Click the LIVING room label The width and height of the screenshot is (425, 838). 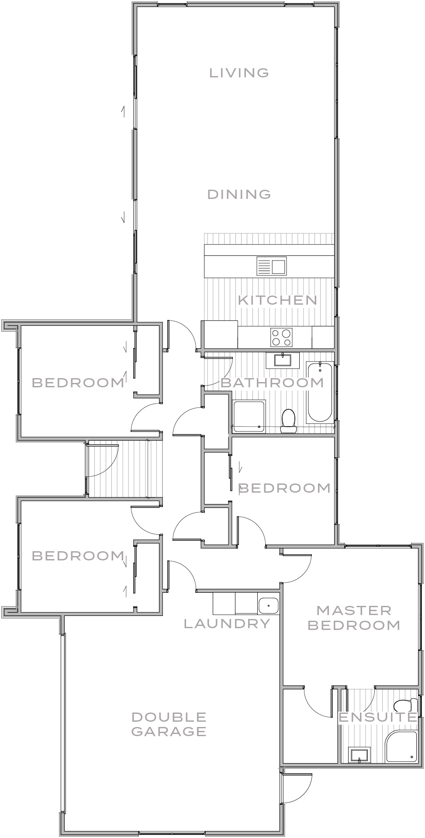click(x=239, y=73)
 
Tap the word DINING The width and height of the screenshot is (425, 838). click(x=239, y=194)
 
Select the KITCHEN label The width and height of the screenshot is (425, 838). click(x=277, y=300)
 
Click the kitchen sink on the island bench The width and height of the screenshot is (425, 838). click(x=272, y=266)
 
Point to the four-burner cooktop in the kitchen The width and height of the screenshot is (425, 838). click(x=282, y=337)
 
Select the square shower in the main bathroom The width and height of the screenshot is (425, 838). click(x=249, y=416)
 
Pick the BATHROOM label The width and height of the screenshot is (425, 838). click(x=272, y=383)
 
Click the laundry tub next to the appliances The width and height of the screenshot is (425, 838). click(x=268, y=606)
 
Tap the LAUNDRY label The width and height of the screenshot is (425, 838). click(x=227, y=624)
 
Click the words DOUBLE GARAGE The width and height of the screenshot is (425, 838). click(x=169, y=724)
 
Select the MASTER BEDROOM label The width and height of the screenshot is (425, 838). click(x=354, y=618)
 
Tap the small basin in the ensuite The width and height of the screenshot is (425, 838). click(x=359, y=755)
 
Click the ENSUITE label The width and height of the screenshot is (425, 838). click(x=378, y=717)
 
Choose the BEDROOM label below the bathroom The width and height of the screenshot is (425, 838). click(x=284, y=488)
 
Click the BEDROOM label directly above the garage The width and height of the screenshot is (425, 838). click(x=78, y=556)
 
